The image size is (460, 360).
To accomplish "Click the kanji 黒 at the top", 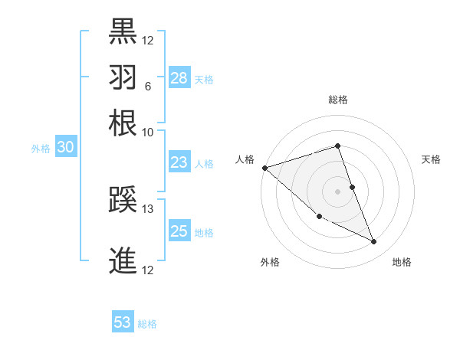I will (123, 31).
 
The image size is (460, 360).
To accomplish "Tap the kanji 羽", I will (123, 77).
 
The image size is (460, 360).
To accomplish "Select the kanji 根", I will (123, 123).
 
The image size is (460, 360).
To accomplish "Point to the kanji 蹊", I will (123, 201).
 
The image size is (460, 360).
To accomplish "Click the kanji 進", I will (123, 260).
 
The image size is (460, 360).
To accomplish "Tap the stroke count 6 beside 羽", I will (147, 86).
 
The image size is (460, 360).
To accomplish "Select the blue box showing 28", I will (179, 78).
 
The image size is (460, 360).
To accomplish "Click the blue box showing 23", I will (179, 162).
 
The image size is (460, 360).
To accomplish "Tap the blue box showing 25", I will (179, 231).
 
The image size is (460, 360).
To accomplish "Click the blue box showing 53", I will (123, 322).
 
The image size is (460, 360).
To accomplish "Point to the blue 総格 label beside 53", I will (147, 324).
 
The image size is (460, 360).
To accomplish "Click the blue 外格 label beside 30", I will (40, 149).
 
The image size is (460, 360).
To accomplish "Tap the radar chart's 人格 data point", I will (264, 168).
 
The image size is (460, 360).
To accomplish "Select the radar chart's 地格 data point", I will (374, 242).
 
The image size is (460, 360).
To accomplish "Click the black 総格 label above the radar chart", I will (338, 100).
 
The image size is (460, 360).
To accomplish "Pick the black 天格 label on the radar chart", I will (431, 159).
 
